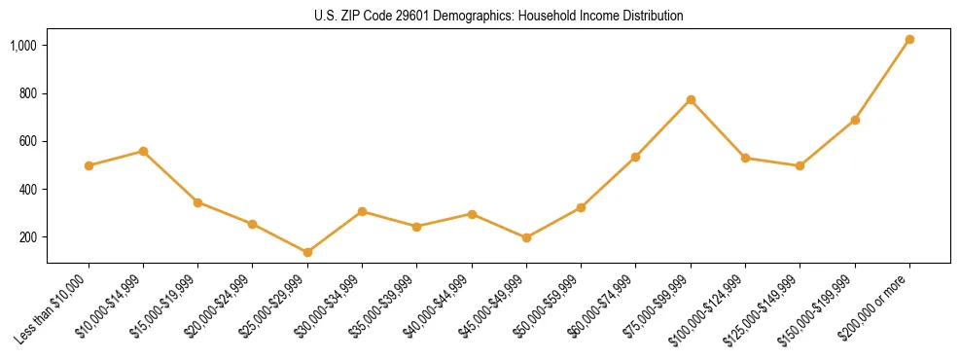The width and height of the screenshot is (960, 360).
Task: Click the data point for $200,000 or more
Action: coord(909,40)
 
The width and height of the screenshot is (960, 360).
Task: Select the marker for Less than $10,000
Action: coord(89,165)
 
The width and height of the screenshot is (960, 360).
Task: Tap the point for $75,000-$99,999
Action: coord(691,99)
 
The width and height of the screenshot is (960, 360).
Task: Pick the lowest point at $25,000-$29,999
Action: coord(307,252)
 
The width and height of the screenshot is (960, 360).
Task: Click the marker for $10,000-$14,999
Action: coord(143,151)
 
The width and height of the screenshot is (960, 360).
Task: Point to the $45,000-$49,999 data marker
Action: coord(526,237)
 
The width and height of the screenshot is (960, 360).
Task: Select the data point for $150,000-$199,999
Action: coord(855,120)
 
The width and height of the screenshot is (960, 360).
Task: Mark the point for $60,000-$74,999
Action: coord(635,157)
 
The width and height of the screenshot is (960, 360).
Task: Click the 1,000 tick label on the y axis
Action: coord(24,46)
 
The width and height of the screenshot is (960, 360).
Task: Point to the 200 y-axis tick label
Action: coord(29,237)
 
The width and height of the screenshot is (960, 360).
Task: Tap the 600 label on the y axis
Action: coord(29,141)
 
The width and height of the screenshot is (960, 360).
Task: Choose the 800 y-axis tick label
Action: coord(29,93)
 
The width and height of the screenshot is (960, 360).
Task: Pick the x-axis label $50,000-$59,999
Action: coord(551,306)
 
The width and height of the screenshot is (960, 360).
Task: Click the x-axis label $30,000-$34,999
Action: coord(332,306)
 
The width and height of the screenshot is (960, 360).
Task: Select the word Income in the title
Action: coord(580,17)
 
